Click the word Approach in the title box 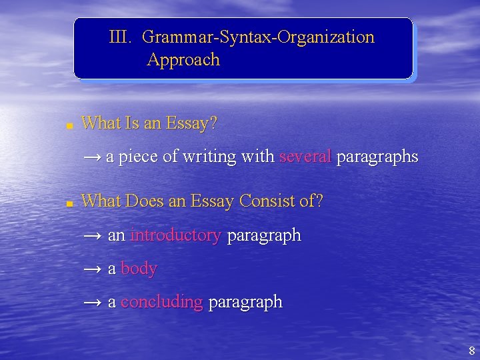(x=183, y=60)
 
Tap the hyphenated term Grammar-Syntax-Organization (x=258, y=37)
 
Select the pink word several (x=305, y=157)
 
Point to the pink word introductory (x=175, y=235)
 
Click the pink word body (x=139, y=269)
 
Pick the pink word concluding (x=161, y=302)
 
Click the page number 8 (x=471, y=351)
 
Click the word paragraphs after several (x=377, y=157)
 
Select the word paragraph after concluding (x=245, y=302)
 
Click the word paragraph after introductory (x=264, y=235)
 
